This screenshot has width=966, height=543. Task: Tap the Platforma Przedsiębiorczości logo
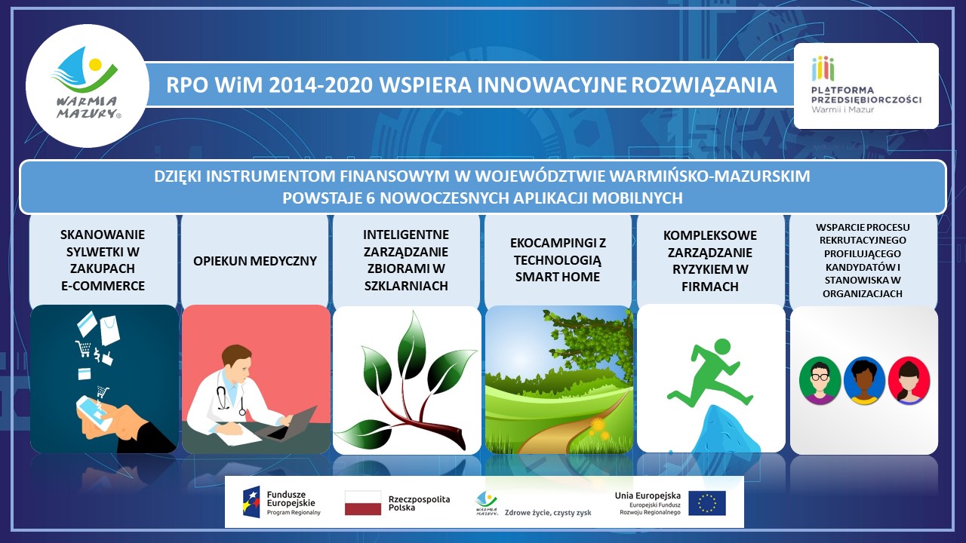pos(866,85)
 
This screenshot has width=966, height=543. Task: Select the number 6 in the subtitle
pos(370,198)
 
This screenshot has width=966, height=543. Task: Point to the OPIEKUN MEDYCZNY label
pos(255,261)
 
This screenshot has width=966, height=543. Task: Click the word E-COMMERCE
pos(103,286)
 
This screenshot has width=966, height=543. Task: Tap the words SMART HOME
pos(558,277)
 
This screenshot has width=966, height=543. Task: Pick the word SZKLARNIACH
pos(406,286)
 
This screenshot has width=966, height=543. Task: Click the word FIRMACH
pos(710,287)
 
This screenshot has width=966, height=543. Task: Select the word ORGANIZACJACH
pos(863,294)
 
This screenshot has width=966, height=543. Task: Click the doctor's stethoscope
pos(229,399)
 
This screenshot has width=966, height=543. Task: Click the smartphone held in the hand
pos(93,411)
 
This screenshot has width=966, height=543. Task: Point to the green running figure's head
pos(723,347)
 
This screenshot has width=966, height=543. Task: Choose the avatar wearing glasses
pos(820,380)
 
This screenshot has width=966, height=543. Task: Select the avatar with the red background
pos(909,380)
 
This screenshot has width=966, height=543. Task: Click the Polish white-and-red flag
pos(363,503)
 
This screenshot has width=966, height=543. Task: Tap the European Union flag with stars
pos(707,503)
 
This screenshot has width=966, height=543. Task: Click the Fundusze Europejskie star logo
pos(251,502)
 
